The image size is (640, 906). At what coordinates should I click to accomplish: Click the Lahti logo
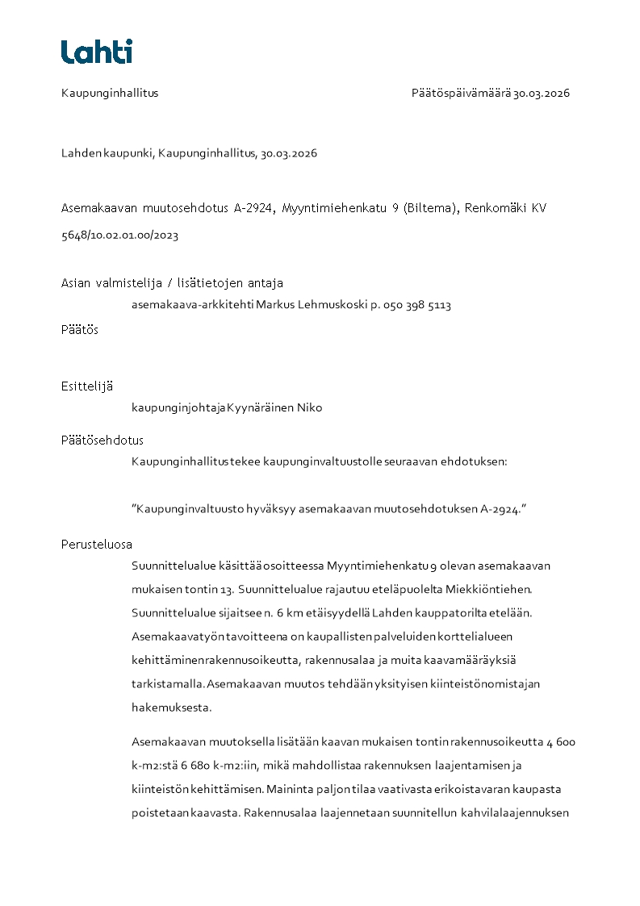[x=97, y=52]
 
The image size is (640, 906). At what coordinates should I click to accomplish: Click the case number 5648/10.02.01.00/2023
[x=119, y=236]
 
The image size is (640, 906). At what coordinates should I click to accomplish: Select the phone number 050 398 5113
[x=416, y=306]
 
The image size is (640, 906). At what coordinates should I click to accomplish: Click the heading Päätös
[x=80, y=330]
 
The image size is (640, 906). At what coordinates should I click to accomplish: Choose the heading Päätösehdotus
[x=102, y=440]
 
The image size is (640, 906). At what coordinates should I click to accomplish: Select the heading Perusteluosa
[x=97, y=544]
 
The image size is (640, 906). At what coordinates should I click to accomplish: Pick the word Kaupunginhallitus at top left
[x=110, y=93]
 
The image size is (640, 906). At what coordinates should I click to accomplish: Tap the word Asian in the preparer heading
[x=76, y=283]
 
